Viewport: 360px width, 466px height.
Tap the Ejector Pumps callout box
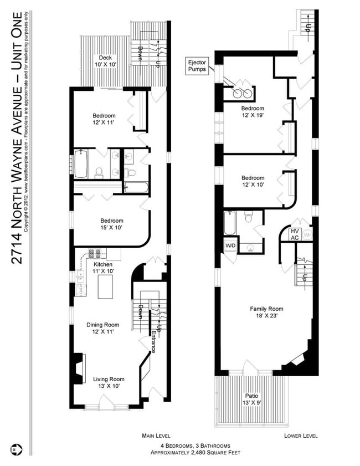coord(198,65)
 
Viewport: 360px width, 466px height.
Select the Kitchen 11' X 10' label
coord(102,268)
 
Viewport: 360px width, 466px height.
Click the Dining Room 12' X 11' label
coord(102,328)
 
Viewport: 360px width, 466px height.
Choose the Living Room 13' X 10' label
coord(105,382)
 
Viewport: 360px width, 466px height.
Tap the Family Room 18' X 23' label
coord(266,313)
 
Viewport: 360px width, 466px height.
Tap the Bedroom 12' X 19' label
coord(253,112)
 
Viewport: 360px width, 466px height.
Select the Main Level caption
coord(156,436)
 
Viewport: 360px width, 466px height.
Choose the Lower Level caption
coord(301,436)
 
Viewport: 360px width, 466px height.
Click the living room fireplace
coord(80,367)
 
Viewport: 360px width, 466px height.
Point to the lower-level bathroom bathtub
coord(230,224)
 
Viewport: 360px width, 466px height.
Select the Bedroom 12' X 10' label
coord(253,181)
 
